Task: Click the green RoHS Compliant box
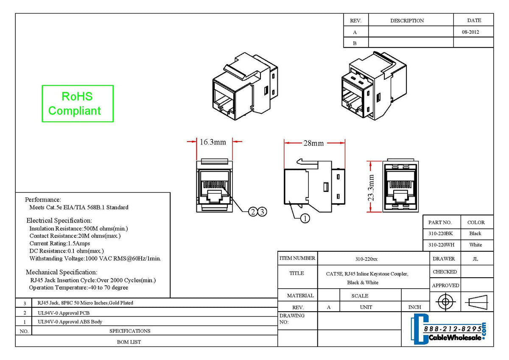(78, 104)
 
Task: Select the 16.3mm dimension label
(213, 142)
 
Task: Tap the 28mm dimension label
(313, 143)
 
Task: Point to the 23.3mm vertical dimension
(371, 187)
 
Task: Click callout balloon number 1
(305, 219)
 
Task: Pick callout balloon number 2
(253, 211)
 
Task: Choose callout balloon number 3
(262, 211)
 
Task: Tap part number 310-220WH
(440, 245)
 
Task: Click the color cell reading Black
(475, 233)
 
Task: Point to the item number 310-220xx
(366, 259)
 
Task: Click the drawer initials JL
(475, 259)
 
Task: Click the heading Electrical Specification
(59, 221)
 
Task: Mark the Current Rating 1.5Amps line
(59, 243)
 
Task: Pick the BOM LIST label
(129, 342)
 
